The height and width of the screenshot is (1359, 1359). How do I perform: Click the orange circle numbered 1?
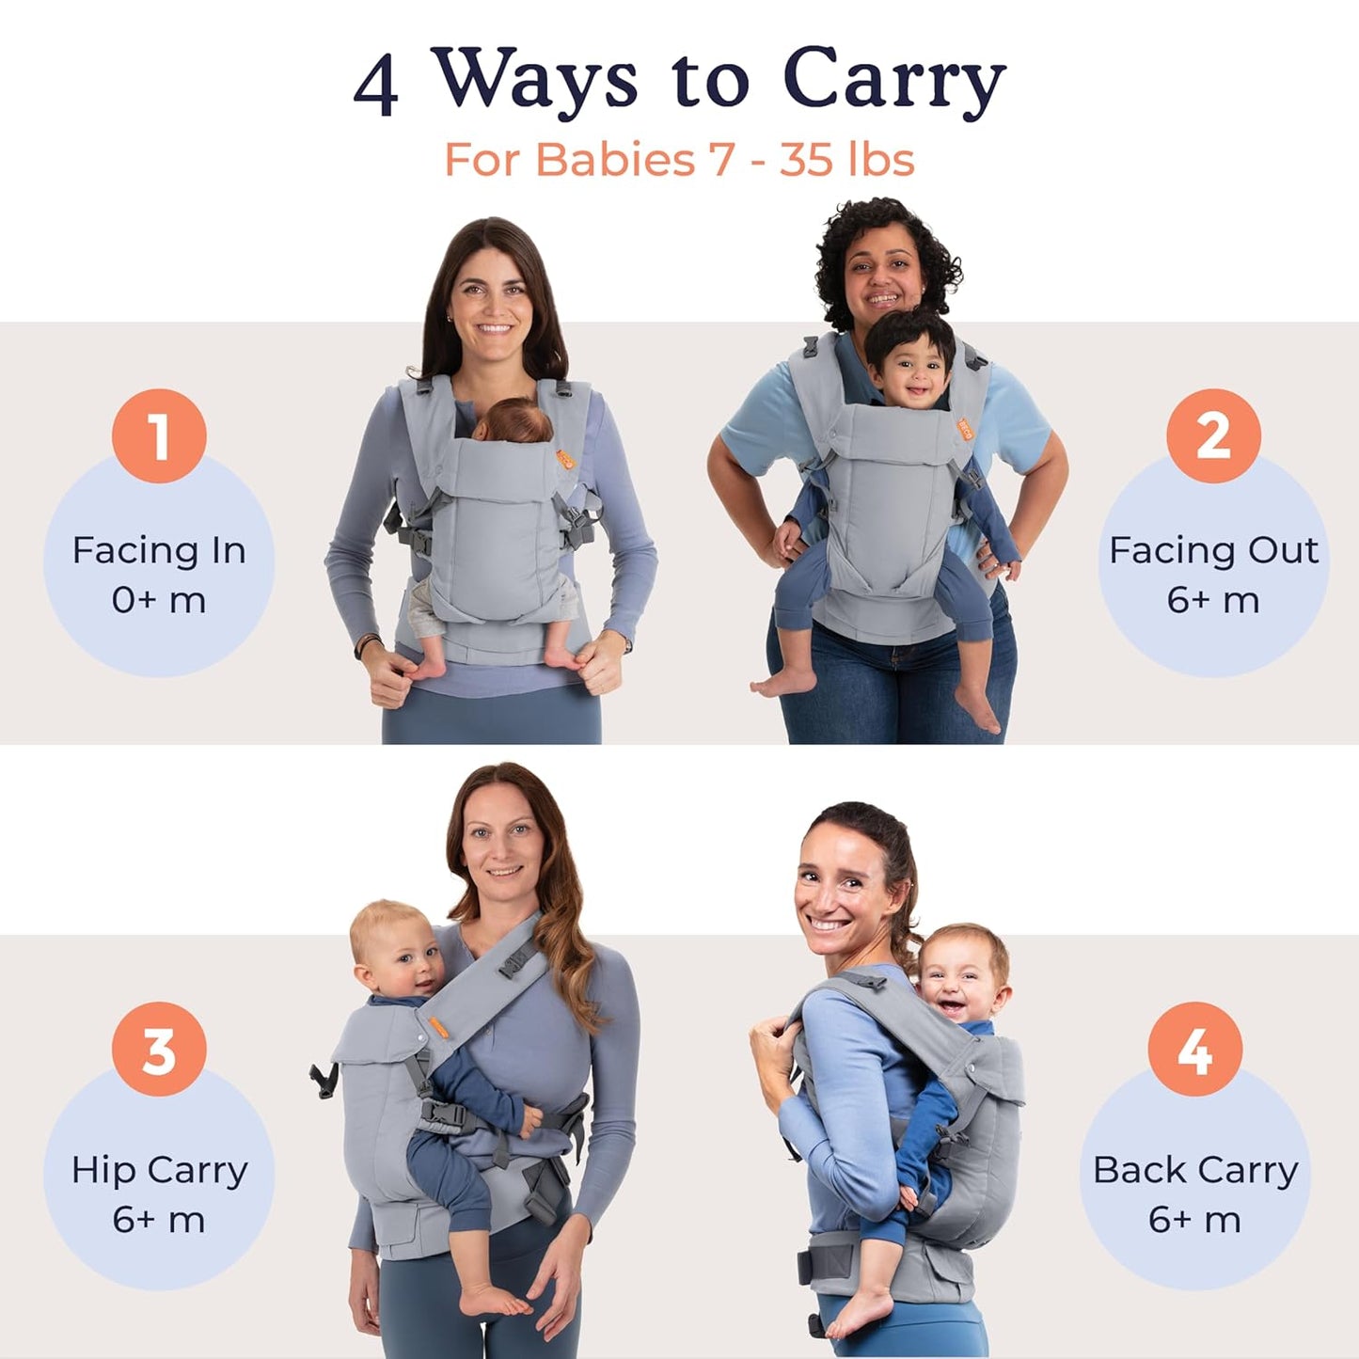159,436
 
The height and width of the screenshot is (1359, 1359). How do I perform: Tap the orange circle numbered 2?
1213,436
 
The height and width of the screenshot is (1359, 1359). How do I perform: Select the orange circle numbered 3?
159,1049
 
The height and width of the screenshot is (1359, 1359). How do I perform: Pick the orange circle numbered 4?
1194,1049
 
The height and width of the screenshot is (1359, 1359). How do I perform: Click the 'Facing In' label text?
159,550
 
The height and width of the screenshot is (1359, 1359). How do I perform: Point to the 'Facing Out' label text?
1213,550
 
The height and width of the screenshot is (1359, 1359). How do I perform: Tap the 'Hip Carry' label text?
159,1170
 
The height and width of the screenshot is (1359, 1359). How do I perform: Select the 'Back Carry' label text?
1194,1170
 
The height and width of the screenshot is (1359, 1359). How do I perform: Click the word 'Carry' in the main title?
893,81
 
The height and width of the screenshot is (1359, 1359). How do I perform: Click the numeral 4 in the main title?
376,85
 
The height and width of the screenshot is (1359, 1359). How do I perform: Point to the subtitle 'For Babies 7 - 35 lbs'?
679,159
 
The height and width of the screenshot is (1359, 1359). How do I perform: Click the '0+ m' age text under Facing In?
159,600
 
